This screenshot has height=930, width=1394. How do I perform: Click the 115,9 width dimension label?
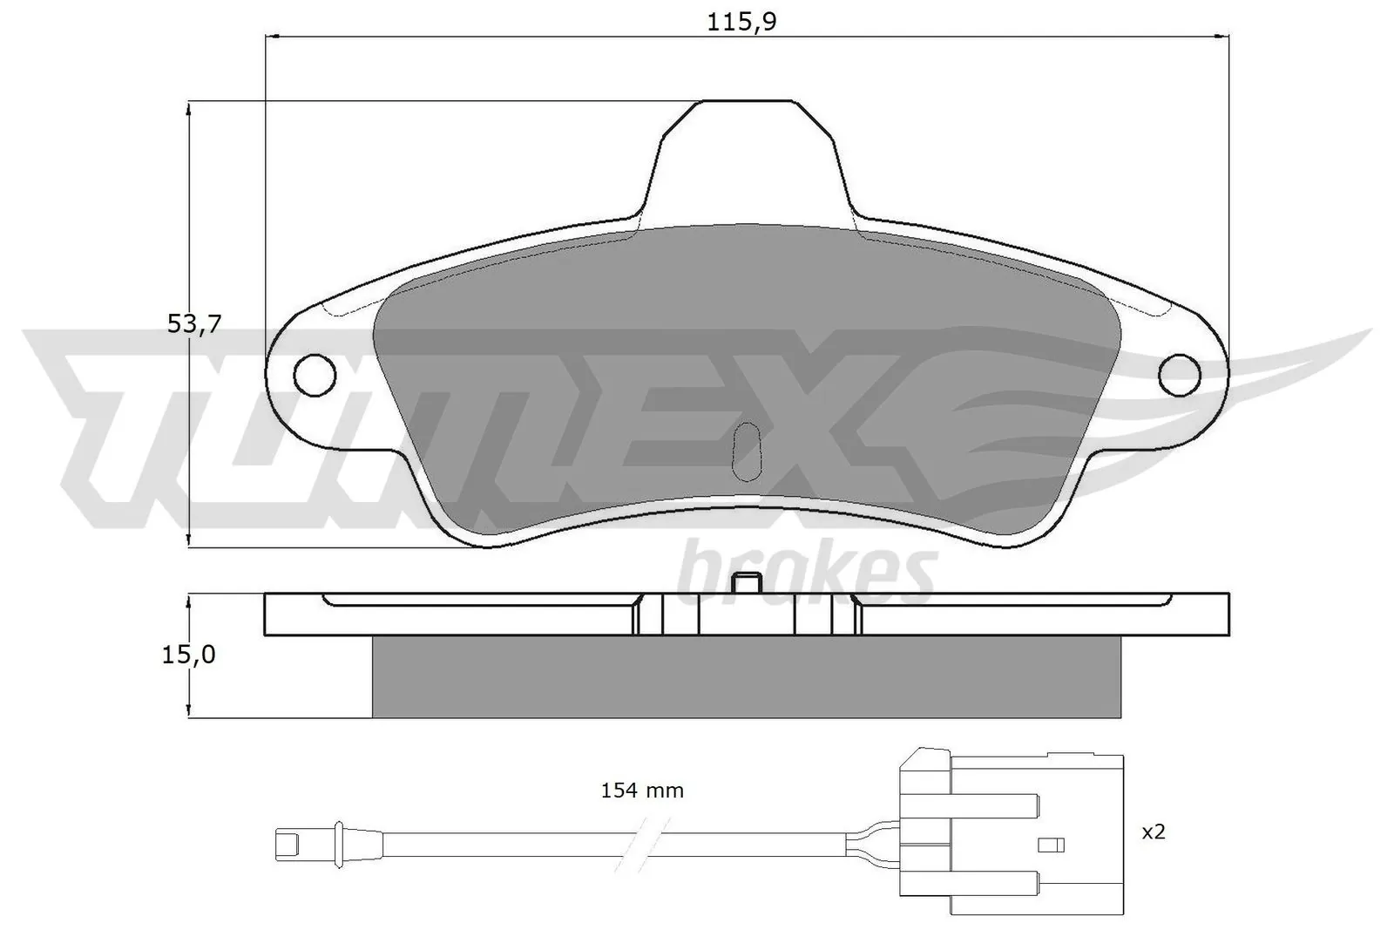tap(741, 22)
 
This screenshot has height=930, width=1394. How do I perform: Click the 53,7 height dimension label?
tap(194, 324)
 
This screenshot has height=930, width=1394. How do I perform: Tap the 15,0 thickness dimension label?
tap(188, 655)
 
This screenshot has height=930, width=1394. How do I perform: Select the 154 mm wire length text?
tap(642, 791)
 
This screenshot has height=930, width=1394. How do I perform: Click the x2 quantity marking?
tap(1153, 832)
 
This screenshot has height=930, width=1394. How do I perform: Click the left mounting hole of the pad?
tap(315, 375)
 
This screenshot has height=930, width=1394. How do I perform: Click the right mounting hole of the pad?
tap(1180, 375)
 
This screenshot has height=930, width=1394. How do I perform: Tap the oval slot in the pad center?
tap(748, 451)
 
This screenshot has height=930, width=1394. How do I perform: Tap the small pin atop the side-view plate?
tap(747, 583)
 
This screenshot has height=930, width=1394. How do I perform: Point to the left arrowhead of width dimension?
tap(270, 37)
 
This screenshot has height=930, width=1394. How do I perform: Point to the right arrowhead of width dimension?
tap(1223, 37)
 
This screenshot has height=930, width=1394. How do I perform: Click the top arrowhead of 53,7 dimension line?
tap(189, 107)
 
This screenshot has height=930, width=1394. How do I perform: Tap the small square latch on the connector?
tap(1052, 845)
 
